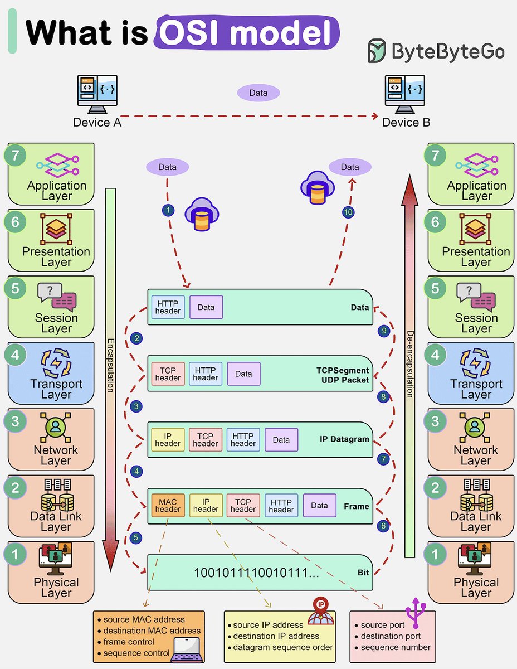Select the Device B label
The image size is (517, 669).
click(406, 122)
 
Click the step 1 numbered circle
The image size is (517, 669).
click(167, 210)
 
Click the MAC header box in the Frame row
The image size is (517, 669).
click(168, 505)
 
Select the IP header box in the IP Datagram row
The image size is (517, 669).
click(168, 439)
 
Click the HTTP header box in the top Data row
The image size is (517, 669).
click(168, 307)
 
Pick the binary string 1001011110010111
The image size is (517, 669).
click(256, 573)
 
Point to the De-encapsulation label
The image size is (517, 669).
click(409, 365)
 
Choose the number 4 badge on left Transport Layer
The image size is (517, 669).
click(16, 355)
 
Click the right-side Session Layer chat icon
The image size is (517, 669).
click(476, 297)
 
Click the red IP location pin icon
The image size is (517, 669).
click(320, 605)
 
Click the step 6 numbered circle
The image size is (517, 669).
click(383, 526)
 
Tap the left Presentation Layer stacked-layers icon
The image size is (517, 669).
click(56, 230)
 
